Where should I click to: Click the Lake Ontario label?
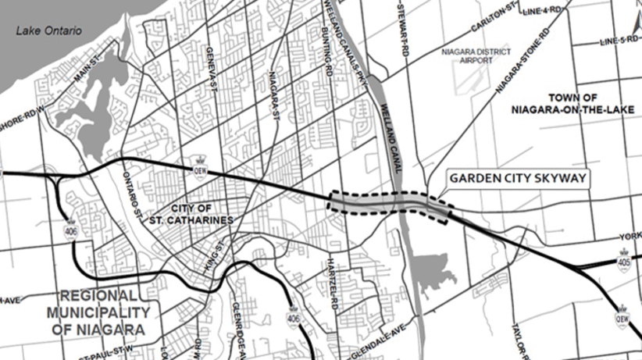pyautogui.click(x=50, y=31)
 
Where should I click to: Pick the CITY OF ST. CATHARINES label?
pyautogui.click(x=202, y=214)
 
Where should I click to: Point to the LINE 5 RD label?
pyautogui.click(x=613, y=41)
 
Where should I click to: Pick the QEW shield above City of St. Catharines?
pyautogui.click(x=200, y=169)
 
